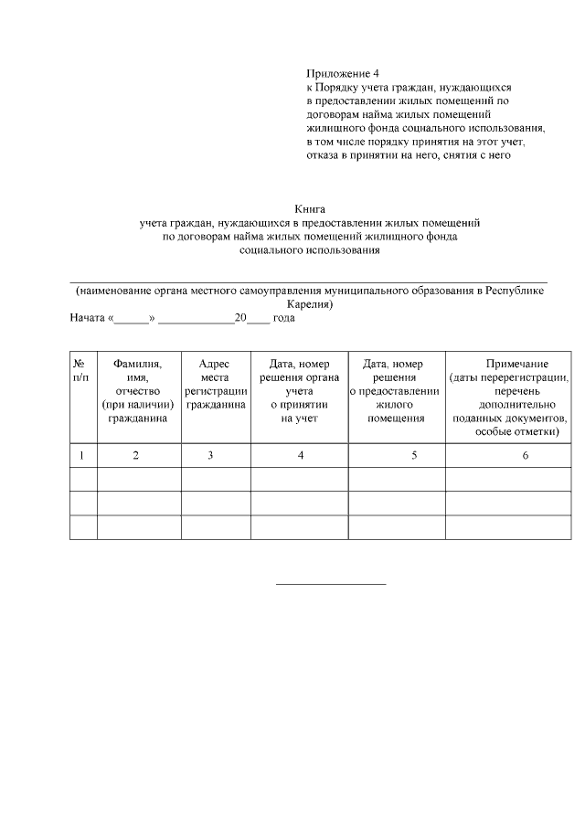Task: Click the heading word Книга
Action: coord(310,208)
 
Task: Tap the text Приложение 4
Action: coord(342,72)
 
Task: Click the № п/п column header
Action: coord(80,370)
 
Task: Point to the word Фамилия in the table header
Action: coord(137,364)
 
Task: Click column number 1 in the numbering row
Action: coord(82,455)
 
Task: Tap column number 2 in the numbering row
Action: coord(136,455)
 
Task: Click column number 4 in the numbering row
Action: coord(301,455)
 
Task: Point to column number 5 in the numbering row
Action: coord(414,455)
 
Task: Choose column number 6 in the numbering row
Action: coord(526,455)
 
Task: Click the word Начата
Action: coord(88,319)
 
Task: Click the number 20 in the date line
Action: coord(240,319)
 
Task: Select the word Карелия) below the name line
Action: coord(309,304)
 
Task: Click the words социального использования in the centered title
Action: coord(310,249)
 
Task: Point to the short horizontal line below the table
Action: coord(331,583)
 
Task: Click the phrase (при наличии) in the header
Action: coord(138,405)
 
